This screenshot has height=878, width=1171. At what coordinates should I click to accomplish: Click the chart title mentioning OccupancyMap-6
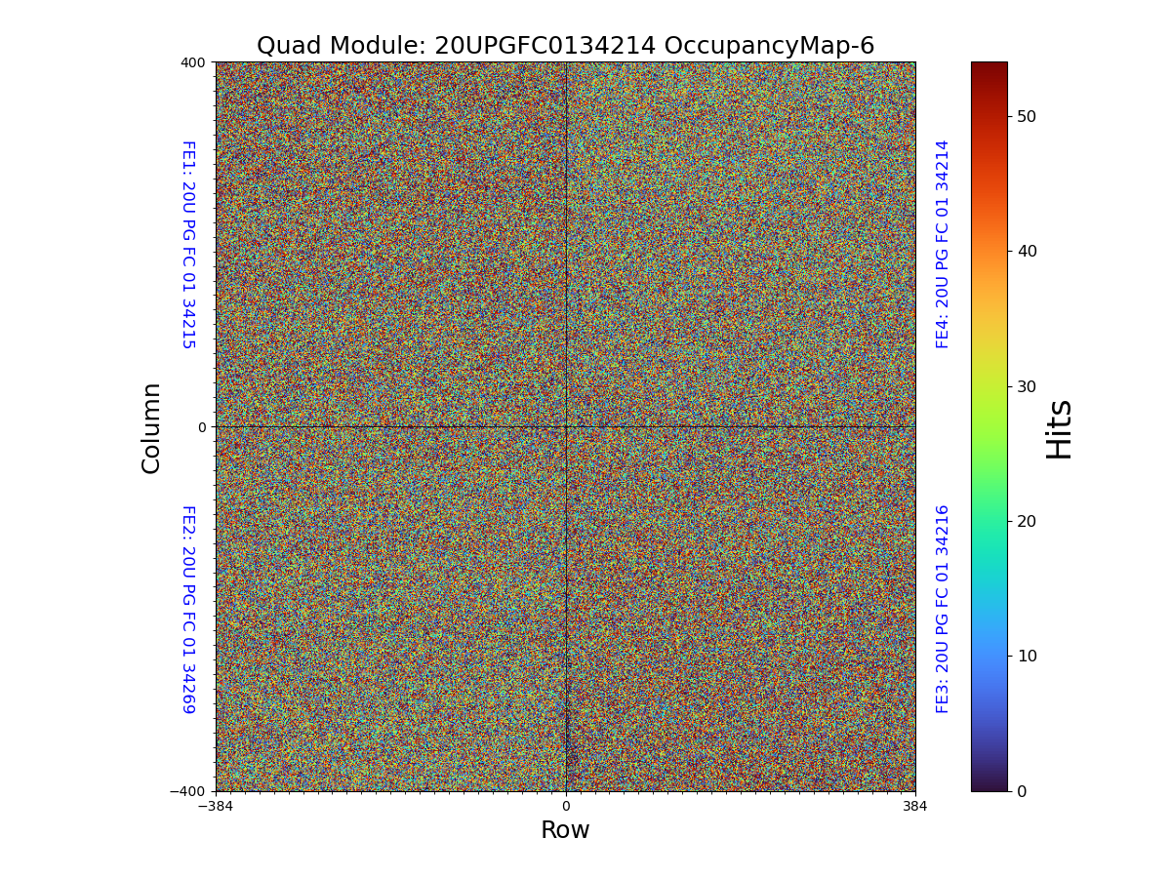point(565,46)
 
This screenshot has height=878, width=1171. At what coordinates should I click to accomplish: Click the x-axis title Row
point(565,830)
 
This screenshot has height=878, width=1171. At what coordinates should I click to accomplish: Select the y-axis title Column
point(151,427)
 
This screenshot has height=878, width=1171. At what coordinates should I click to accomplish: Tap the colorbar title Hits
point(1059,428)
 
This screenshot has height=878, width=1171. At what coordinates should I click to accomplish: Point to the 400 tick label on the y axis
point(192,62)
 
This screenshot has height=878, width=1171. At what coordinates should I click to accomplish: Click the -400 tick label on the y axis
point(188,791)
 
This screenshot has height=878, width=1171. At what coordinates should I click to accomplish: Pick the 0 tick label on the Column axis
point(202,427)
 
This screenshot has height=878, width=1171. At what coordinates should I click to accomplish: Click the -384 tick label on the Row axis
point(215,806)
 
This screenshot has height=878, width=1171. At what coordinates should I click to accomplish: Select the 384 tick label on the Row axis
point(915,806)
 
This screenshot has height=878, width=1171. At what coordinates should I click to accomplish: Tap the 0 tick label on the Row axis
point(565,806)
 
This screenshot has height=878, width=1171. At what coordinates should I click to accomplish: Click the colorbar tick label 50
point(1027,116)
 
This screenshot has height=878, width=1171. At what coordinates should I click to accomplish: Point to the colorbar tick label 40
point(1027,251)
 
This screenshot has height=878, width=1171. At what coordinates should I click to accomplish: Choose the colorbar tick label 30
point(1027,386)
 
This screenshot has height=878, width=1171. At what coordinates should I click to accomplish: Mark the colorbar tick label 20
point(1027,521)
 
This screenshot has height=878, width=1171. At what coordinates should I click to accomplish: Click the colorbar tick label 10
point(1027,656)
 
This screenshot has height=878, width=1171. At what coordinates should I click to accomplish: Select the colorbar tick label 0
point(1022,791)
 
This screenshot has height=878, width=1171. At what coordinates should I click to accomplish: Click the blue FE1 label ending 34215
point(188,245)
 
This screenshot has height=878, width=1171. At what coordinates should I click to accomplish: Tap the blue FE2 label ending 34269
point(188,609)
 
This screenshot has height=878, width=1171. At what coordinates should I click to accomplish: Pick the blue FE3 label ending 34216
point(943,609)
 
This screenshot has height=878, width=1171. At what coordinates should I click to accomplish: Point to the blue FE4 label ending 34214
point(943,244)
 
